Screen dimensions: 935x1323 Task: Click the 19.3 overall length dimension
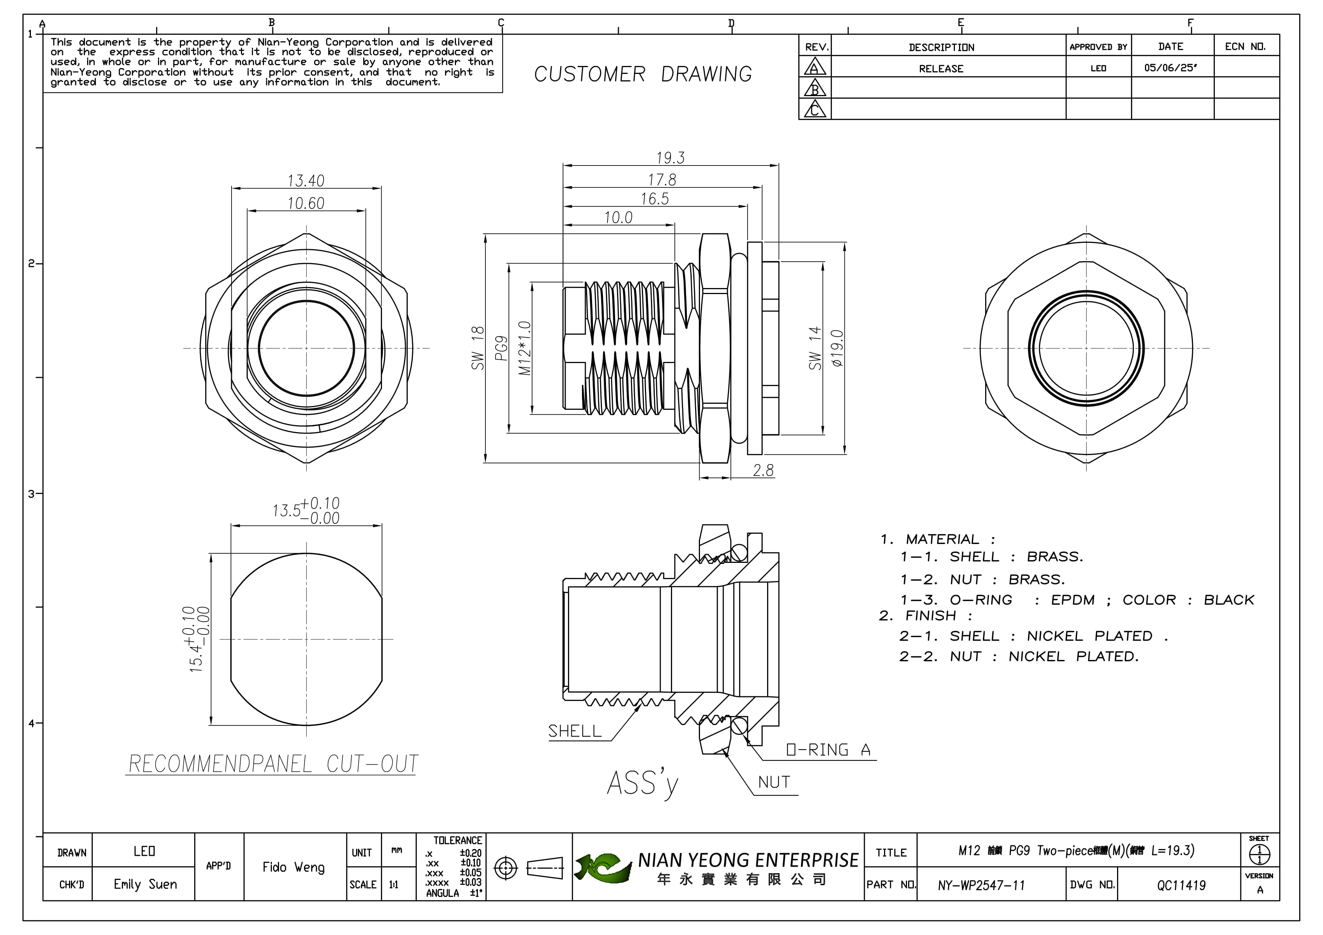point(670,157)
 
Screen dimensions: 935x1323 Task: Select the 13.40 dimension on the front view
point(306,181)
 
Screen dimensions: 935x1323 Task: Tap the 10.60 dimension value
point(306,203)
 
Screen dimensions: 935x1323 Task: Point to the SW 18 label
point(478,348)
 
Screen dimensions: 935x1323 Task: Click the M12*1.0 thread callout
point(524,348)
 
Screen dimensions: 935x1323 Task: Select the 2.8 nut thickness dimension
point(763,471)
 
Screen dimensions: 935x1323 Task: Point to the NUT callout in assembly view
point(774,782)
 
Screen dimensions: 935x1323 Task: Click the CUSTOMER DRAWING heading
point(643,74)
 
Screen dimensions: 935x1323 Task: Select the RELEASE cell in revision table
point(941,69)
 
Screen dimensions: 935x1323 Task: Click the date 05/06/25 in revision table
point(1170,68)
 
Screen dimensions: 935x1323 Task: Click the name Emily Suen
point(145,884)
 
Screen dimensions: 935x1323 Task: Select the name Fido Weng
point(293,867)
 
